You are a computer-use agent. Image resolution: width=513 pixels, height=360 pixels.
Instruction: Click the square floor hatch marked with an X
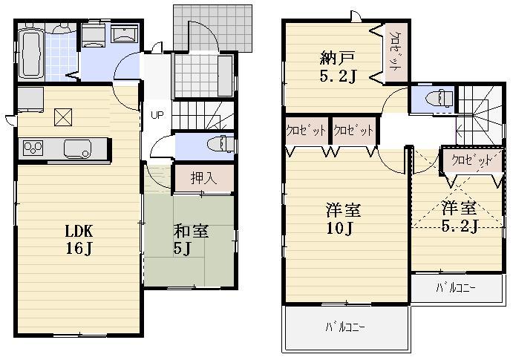click(x=63, y=117)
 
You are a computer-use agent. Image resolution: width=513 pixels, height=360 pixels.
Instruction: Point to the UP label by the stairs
click(x=157, y=115)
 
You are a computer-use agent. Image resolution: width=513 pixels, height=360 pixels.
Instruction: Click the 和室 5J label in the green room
click(x=191, y=239)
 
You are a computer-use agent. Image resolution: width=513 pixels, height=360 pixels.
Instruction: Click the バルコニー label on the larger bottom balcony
click(x=346, y=327)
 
